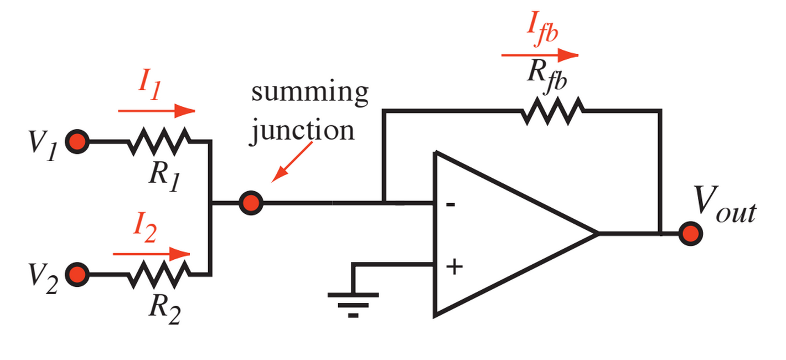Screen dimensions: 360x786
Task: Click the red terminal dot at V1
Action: [77, 142]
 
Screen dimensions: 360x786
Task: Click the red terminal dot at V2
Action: [77, 274]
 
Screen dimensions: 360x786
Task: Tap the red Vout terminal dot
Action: [690, 234]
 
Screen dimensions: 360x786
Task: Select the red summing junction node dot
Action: [251, 203]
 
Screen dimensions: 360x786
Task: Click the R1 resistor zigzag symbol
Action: [159, 142]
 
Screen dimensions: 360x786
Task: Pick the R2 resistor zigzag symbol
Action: [159, 274]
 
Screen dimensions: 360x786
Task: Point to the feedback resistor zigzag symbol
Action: [552, 111]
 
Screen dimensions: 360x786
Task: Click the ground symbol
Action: [353, 302]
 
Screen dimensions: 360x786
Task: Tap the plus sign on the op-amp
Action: [454, 267]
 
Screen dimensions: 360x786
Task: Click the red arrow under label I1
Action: [157, 111]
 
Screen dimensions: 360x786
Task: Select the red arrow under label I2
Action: [152, 254]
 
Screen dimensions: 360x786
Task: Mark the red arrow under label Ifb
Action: [540, 55]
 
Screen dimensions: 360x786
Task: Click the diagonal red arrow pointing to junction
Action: [293, 162]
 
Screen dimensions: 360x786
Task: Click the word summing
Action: [309, 92]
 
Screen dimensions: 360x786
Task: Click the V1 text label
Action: [43, 145]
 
